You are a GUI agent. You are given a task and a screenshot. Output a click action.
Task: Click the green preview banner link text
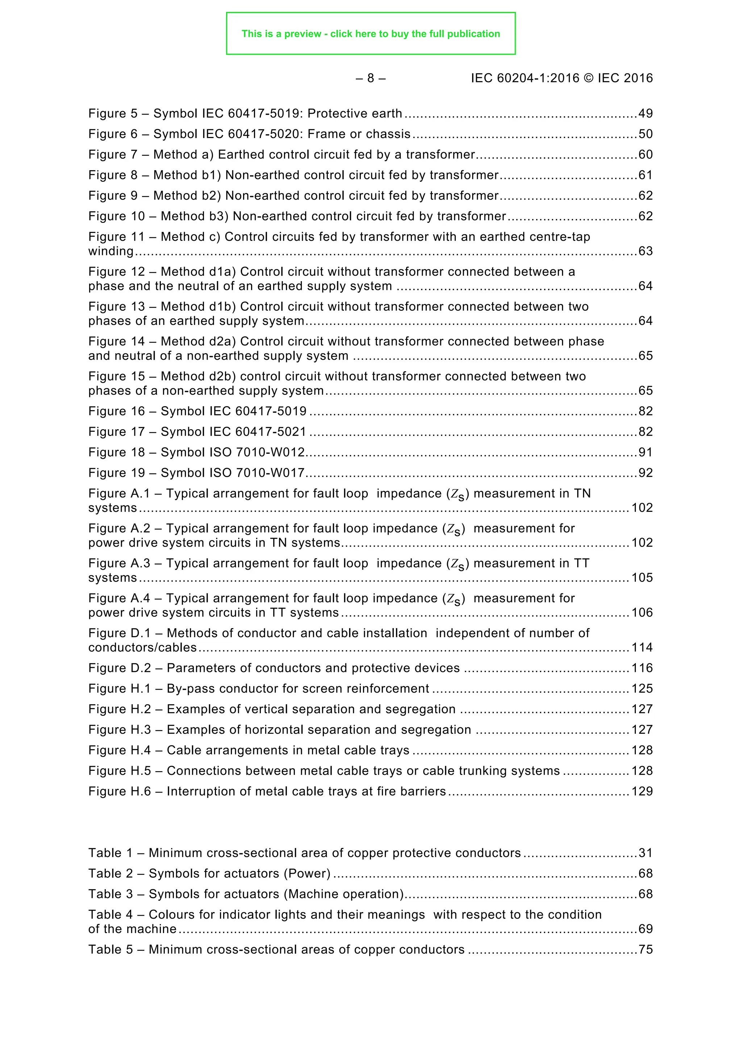click(x=371, y=34)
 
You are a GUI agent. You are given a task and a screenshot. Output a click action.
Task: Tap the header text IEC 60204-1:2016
click(x=525, y=78)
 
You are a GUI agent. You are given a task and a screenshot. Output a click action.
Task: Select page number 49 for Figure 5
click(x=645, y=113)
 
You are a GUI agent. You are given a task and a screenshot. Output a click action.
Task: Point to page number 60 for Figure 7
click(x=645, y=154)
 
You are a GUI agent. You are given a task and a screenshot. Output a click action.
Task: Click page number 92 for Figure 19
click(x=645, y=473)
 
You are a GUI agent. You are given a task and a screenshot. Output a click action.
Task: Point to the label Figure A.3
click(x=119, y=563)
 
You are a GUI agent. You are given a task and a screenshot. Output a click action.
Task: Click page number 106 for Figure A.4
click(x=642, y=613)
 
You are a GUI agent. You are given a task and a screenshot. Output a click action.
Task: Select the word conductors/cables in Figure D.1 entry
click(x=142, y=647)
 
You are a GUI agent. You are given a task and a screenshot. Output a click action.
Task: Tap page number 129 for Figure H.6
click(x=642, y=791)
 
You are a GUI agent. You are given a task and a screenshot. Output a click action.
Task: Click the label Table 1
click(x=110, y=853)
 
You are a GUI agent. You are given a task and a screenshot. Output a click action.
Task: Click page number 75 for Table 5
click(x=645, y=949)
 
